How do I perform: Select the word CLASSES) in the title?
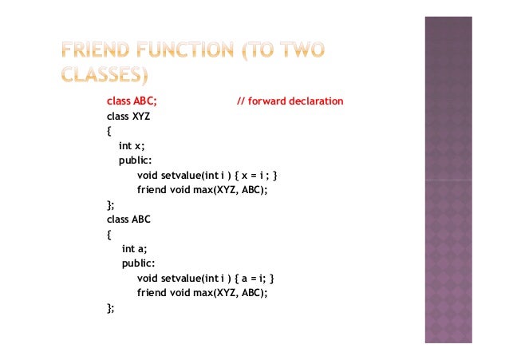click(103, 77)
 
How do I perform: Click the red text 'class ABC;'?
click(132, 101)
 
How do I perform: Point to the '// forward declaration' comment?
click(290, 101)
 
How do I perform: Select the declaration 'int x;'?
click(132, 146)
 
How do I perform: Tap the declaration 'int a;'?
click(135, 249)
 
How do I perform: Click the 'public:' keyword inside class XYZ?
click(136, 160)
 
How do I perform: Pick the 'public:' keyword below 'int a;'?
click(138, 263)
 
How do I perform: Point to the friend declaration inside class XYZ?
click(202, 190)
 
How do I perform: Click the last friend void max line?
click(202, 293)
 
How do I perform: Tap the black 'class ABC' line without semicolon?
click(129, 219)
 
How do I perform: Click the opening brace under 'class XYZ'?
click(109, 131)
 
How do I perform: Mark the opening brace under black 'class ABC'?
click(109, 234)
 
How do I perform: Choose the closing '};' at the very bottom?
click(111, 307)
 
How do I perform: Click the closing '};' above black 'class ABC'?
click(111, 204)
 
